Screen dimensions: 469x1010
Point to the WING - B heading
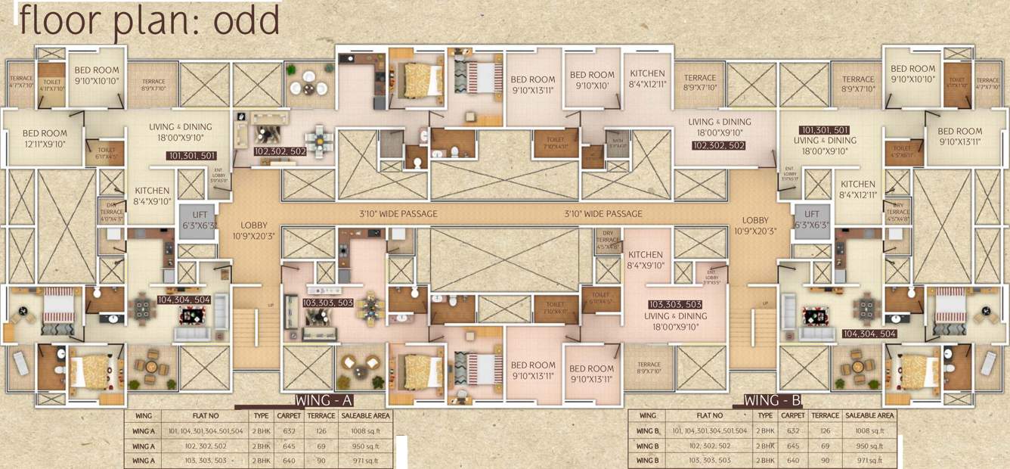point(773,401)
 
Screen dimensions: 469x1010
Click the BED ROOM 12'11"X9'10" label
point(45,138)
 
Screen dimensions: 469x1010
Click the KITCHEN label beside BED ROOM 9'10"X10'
point(647,79)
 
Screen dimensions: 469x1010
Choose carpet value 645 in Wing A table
point(287,445)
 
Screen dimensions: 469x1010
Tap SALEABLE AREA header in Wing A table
point(365,415)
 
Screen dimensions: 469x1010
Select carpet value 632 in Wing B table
point(792,430)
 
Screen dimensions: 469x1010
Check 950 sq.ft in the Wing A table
point(365,445)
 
